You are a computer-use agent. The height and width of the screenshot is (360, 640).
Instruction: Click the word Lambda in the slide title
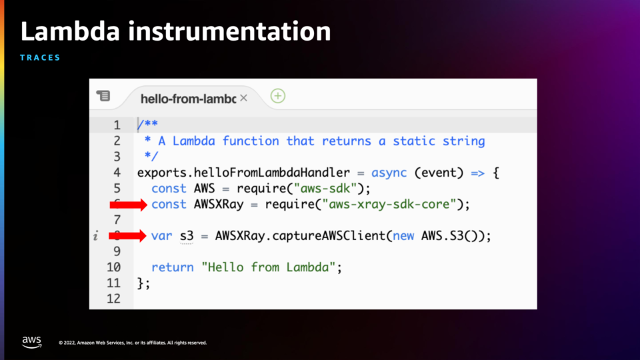pyautogui.click(x=70, y=31)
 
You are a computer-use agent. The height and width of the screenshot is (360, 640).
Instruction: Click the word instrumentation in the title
pyautogui.click(x=229, y=31)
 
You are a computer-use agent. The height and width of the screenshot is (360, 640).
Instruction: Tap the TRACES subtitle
pyautogui.click(x=40, y=57)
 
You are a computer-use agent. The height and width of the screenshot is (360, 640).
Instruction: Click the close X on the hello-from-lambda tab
pyautogui.click(x=244, y=98)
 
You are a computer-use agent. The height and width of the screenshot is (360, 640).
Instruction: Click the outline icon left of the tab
pyautogui.click(x=103, y=95)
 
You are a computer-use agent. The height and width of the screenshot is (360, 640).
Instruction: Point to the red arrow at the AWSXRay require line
pyautogui.click(x=128, y=205)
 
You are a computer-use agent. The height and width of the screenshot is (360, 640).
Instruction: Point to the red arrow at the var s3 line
pyautogui.click(x=127, y=235)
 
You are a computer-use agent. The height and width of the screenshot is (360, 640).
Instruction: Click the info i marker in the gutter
pyautogui.click(x=95, y=235)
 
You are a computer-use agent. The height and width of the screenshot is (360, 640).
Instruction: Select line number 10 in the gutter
pyautogui.click(x=113, y=267)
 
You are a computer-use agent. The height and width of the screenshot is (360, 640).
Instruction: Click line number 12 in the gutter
pyautogui.click(x=113, y=299)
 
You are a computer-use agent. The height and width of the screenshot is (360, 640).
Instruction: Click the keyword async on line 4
pyautogui.click(x=389, y=173)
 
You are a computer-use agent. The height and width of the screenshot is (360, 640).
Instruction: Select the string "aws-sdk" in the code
pyautogui.click(x=325, y=189)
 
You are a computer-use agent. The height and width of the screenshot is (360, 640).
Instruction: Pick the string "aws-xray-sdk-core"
pyautogui.click(x=389, y=204)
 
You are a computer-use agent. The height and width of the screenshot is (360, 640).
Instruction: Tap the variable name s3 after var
pyautogui.click(x=187, y=236)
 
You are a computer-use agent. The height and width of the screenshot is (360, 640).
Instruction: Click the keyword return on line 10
pyautogui.click(x=172, y=267)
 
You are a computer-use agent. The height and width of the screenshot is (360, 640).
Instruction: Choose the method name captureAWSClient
pyautogui.click(x=329, y=236)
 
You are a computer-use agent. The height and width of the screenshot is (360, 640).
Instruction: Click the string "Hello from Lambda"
pyautogui.click(x=269, y=267)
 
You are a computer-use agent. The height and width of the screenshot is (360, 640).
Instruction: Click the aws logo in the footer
pyautogui.click(x=32, y=342)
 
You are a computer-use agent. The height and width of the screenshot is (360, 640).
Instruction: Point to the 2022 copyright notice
pyautogui.click(x=133, y=343)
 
